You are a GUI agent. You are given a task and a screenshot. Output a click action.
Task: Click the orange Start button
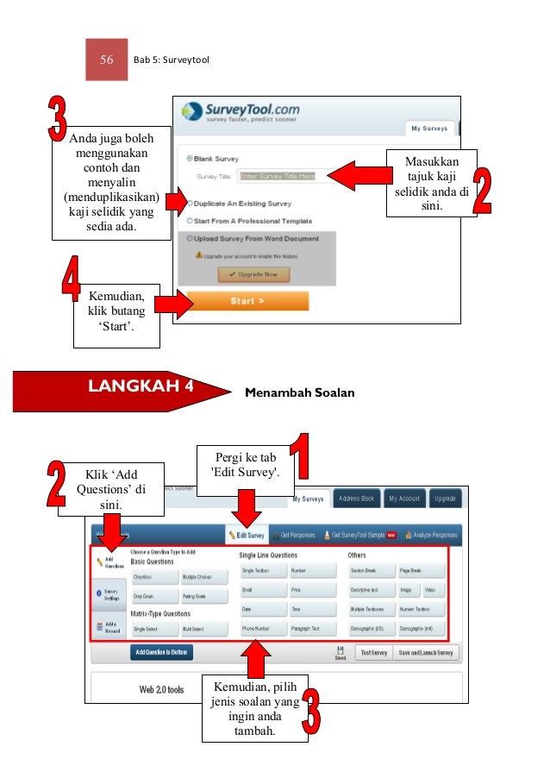tap(247, 301)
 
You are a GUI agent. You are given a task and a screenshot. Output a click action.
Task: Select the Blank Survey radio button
tap(190, 159)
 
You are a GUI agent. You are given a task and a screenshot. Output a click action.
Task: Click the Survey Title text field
tap(278, 176)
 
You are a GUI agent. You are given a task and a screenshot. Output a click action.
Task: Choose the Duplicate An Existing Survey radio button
tap(190, 204)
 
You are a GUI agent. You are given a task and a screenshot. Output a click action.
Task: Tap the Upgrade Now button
tap(253, 273)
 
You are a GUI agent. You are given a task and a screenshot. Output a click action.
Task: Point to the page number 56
tap(107, 60)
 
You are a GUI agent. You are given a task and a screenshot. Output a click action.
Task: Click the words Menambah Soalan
tap(300, 393)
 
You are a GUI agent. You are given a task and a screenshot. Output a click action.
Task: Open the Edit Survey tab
tap(247, 535)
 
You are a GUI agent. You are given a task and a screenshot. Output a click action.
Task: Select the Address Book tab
tap(356, 499)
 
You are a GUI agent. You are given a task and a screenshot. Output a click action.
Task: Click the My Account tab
tap(403, 499)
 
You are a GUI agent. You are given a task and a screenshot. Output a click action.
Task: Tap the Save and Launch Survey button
tap(425, 653)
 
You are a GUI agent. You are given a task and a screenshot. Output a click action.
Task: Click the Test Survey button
tap(373, 653)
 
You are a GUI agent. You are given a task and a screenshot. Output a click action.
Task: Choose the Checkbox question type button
tap(153, 577)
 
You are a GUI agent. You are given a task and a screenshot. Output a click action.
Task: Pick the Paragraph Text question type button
tap(311, 629)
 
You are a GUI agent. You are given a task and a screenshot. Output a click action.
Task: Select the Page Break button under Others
tap(422, 571)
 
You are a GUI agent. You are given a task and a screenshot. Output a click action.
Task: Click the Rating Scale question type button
tap(203, 596)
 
